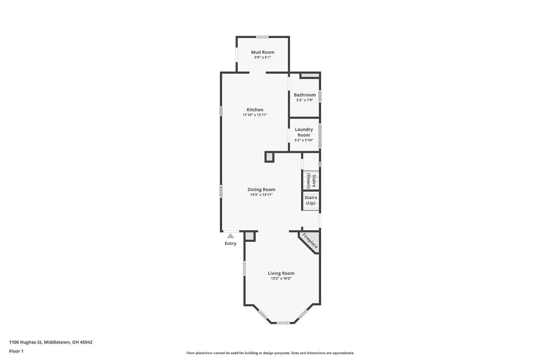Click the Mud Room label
tap(263, 52)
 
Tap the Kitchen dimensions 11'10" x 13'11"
tap(255, 115)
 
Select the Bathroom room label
tap(304, 95)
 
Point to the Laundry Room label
tap(304, 132)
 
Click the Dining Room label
tap(261, 190)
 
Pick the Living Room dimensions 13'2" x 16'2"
tap(281, 279)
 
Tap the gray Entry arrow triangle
tap(230, 236)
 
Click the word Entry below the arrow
tap(230, 244)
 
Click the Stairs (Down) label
tap(311, 181)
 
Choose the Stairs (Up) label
tap(311, 200)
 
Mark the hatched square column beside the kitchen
tap(269, 157)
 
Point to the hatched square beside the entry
tap(250, 236)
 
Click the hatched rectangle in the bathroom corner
tap(310, 75)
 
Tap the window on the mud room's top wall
tap(262, 37)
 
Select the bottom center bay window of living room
tap(283, 323)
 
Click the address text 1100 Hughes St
tap(26, 342)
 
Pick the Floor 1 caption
tap(16, 351)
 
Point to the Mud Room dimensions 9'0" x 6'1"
tap(263, 57)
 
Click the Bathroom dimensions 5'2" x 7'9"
tap(304, 100)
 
